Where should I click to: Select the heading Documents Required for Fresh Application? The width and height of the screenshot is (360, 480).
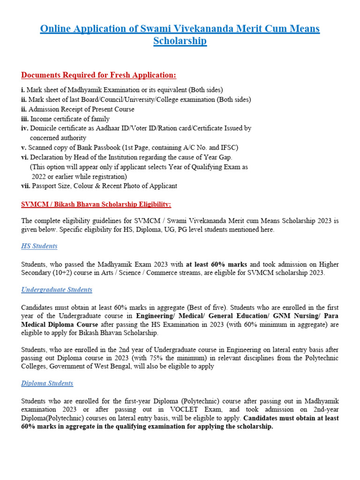pyautogui.click(x=99, y=75)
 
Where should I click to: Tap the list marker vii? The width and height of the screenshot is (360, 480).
pyautogui.click(x=26, y=186)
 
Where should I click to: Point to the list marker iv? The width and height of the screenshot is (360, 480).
pyautogui.click(x=25, y=128)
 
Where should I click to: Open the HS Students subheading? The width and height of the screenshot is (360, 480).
pyautogui.click(x=39, y=246)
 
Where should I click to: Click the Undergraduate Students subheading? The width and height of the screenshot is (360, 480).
pyautogui.click(x=57, y=290)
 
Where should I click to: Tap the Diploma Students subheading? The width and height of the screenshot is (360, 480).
pyautogui.click(x=47, y=383)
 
